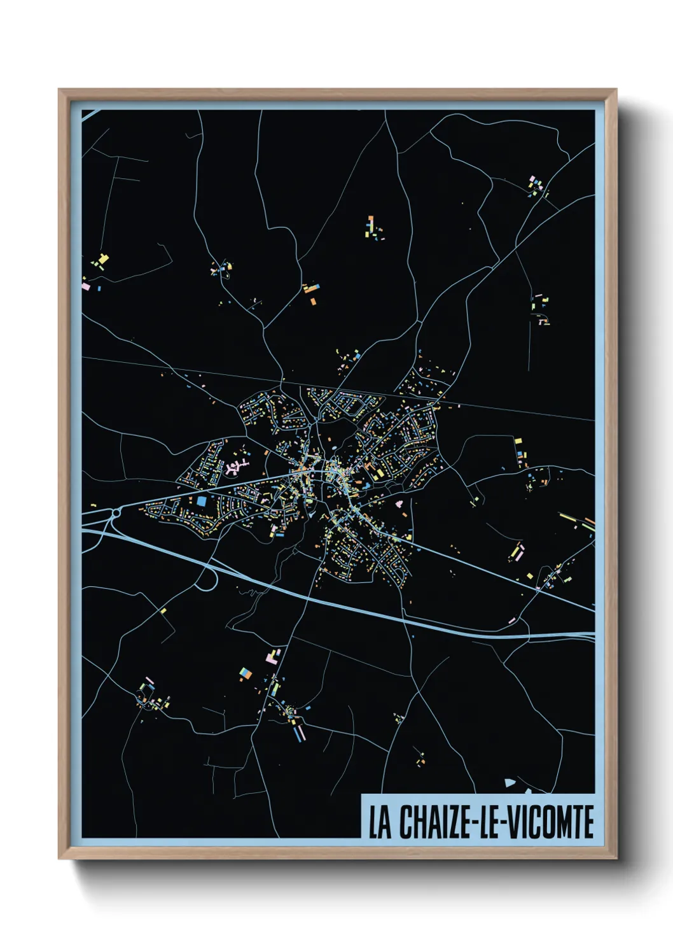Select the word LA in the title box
coord(380,822)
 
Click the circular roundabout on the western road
coord(116,513)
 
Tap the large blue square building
coord(202,501)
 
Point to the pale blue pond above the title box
coord(509,783)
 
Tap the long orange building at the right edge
coord(589,521)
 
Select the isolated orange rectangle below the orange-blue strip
coord(313,300)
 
